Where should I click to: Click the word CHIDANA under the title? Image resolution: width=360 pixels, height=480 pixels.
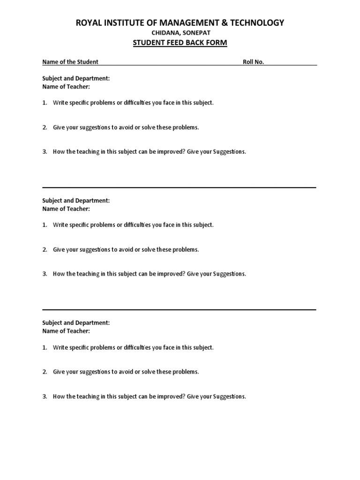coord(164,33)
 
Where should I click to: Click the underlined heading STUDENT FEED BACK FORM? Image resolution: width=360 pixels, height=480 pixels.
coord(180,43)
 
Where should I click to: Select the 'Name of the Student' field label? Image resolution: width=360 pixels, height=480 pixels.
coord(70,62)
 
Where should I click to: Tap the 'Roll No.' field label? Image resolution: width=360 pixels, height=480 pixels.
coord(253,62)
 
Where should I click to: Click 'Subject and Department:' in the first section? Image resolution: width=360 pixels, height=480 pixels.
coord(76,79)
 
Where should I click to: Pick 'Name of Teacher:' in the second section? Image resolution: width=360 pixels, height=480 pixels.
coord(66,209)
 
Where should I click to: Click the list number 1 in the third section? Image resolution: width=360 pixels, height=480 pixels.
coord(45,347)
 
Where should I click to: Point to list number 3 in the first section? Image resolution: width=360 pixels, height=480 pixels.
coord(45,152)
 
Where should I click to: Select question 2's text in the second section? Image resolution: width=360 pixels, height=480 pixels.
coord(126,249)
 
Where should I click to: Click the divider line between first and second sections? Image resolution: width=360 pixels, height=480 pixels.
coord(179,187)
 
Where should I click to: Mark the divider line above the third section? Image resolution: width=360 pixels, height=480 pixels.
coord(179,309)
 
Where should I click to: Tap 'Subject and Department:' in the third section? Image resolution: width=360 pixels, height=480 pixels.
coord(76,323)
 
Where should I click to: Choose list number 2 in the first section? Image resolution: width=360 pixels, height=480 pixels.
coord(45,127)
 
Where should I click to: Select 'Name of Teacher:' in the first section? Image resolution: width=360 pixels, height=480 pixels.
coord(66,87)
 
